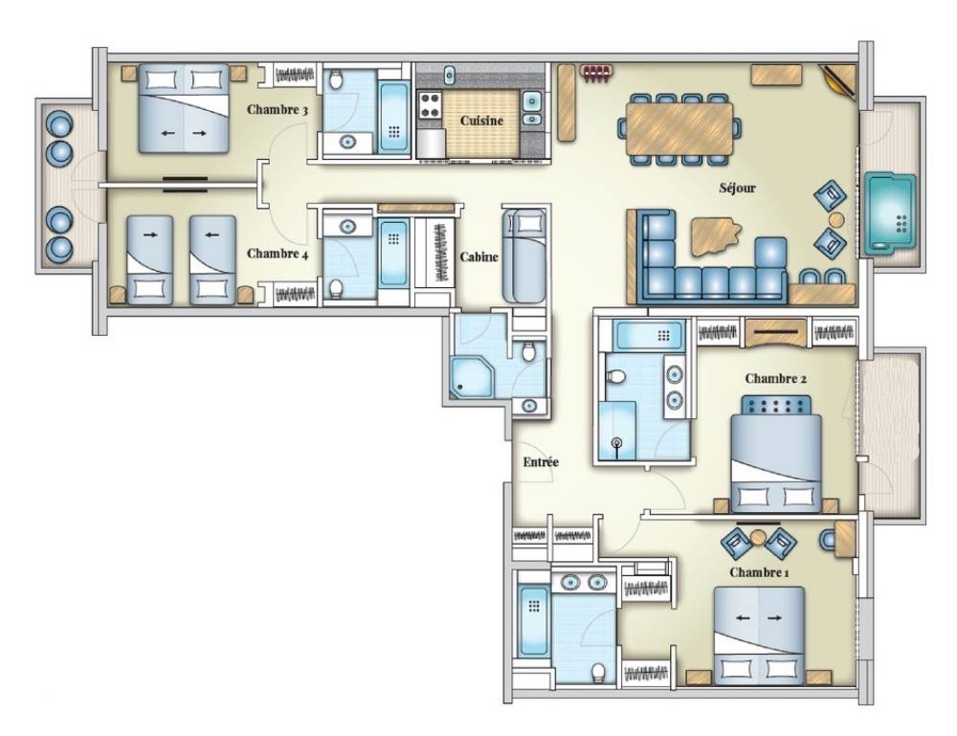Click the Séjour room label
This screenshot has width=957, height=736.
(737, 189)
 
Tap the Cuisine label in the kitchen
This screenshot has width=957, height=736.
(481, 121)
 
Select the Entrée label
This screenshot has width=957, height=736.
(541, 462)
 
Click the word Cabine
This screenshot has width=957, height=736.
(479, 257)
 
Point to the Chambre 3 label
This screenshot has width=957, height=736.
(278, 110)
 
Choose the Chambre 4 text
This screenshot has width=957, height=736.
(278, 254)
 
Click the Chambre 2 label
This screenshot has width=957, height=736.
(776, 379)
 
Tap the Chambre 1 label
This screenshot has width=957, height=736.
(759, 572)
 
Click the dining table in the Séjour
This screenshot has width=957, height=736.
(679, 129)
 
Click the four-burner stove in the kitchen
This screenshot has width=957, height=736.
(430, 103)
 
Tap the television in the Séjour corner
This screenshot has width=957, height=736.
(838, 79)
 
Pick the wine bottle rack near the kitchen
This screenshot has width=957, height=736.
(595, 73)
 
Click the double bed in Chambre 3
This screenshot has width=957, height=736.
(184, 108)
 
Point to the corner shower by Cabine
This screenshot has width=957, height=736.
(470, 378)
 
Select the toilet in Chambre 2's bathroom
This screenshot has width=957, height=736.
(615, 376)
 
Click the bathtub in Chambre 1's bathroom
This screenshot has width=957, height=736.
(534, 622)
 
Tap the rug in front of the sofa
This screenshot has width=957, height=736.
(717, 236)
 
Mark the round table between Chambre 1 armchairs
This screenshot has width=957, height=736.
(758, 538)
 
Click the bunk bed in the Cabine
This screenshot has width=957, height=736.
(523, 256)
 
